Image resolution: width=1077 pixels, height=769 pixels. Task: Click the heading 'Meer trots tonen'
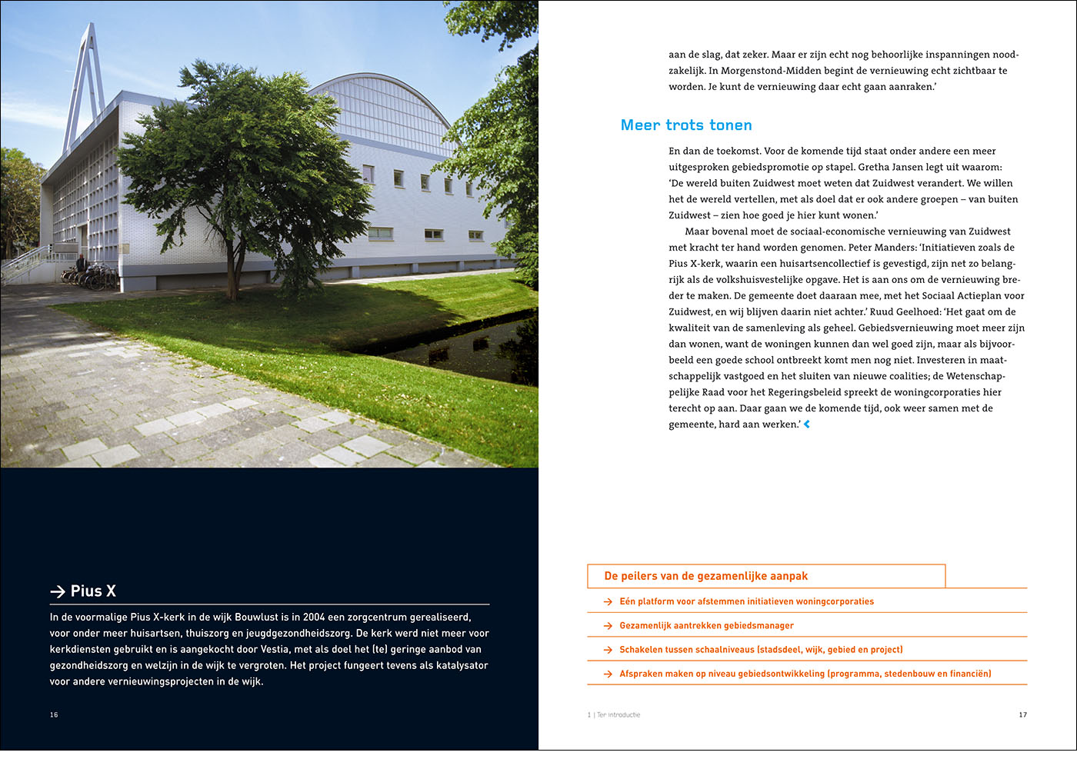tap(686, 125)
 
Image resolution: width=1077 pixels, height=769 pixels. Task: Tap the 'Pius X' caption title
tap(93, 591)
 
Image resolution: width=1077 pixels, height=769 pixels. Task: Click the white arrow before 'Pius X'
tap(58, 591)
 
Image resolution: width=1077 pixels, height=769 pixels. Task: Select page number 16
tap(54, 715)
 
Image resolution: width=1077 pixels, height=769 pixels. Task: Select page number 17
tap(1022, 715)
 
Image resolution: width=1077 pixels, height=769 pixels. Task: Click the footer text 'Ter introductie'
tap(618, 715)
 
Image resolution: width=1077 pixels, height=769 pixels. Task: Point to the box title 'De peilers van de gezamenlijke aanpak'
tap(705, 576)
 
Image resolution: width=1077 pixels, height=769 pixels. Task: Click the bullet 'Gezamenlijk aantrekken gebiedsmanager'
tap(706, 626)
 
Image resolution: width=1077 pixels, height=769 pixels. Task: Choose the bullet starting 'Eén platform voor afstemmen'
tap(746, 601)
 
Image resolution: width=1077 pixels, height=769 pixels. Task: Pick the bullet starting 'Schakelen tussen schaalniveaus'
tap(761, 650)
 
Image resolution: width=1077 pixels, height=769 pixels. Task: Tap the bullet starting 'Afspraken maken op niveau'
tap(805, 674)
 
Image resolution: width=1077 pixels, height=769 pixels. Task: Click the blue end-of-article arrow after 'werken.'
tap(807, 424)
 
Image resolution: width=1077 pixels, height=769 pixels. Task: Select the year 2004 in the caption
tap(314, 618)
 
